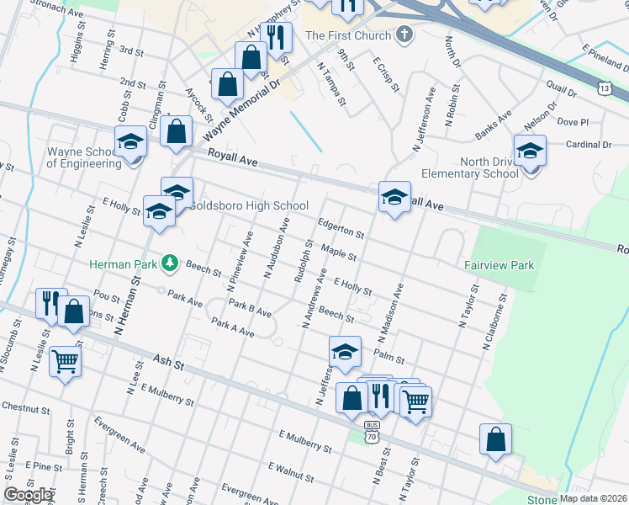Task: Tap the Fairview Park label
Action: pos(499,265)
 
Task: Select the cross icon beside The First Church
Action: pos(404,35)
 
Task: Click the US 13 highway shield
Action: pos(604,88)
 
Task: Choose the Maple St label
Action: pos(340,252)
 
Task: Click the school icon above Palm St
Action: pos(344,352)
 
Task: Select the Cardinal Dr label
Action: pos(589,145)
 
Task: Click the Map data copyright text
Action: pos(590,498)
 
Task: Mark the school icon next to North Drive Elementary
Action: pos(530,151)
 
